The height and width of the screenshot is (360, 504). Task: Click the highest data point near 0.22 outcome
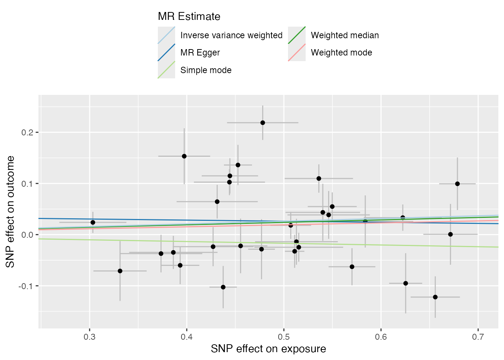(262, 123)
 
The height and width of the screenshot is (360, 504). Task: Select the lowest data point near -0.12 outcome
(435, 297)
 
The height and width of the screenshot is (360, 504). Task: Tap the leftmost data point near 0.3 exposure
(93, 222)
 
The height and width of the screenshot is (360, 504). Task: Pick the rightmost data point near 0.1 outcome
(457, 184)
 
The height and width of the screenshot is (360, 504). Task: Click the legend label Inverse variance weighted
(231, 35)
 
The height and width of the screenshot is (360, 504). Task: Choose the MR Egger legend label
(200, 52)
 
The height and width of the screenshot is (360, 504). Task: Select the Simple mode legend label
(206, 70)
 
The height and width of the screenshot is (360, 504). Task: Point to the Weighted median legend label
(345, 35)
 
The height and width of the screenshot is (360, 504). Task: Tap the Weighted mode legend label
(341, 52)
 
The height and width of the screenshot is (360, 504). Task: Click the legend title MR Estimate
(189, 16)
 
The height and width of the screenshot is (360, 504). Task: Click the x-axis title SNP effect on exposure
(268, 349)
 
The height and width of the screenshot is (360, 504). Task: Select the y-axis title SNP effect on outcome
(10, 212)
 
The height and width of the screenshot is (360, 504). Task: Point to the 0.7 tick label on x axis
(478, 337)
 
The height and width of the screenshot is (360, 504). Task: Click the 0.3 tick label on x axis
(90, 337)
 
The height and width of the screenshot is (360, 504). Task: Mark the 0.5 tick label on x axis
(284, 337)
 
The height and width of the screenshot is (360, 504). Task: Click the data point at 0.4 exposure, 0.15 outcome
(184, 156)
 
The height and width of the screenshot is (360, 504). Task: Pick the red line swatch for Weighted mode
(297, 52)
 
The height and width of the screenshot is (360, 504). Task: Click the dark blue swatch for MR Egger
(166, 52)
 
